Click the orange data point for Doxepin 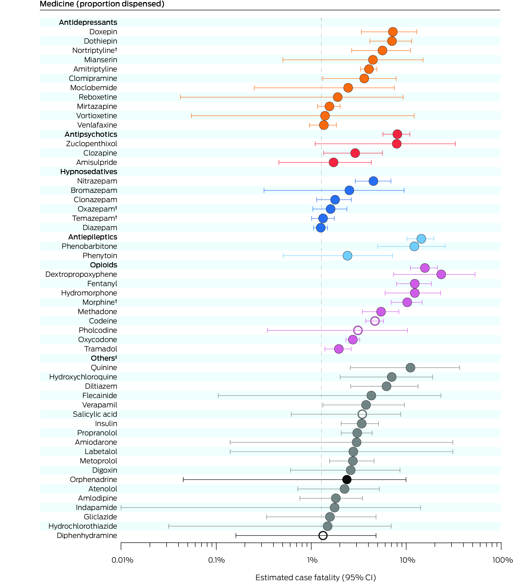393,32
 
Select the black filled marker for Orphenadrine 346,479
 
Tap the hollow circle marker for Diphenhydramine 323,536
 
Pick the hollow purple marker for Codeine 375,321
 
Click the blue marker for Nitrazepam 373,181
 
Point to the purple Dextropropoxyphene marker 441,274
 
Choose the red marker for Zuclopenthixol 397,144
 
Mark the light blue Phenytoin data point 347,256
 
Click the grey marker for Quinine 410,368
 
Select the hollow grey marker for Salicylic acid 362,414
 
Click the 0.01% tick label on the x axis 122,560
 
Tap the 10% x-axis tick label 407,560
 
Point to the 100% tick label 502,560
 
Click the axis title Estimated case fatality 315,577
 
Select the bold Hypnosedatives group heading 89,172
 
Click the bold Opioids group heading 103,265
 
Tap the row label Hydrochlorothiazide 83,526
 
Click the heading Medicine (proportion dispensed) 102,4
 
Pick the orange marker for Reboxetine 338,97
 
